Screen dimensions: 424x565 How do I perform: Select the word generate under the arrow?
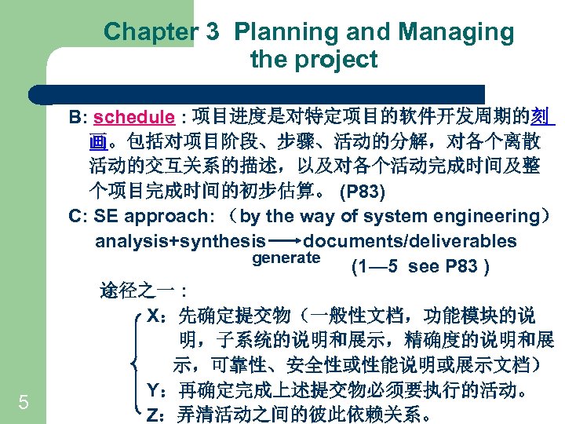286,258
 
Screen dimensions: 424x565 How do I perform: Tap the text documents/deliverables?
410,241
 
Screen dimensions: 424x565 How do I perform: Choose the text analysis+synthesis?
180,241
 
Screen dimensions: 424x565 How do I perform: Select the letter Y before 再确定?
154,390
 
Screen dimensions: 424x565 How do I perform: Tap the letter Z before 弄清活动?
154,415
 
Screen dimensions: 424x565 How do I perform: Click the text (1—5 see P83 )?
421,267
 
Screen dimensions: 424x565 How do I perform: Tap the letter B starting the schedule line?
75,118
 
